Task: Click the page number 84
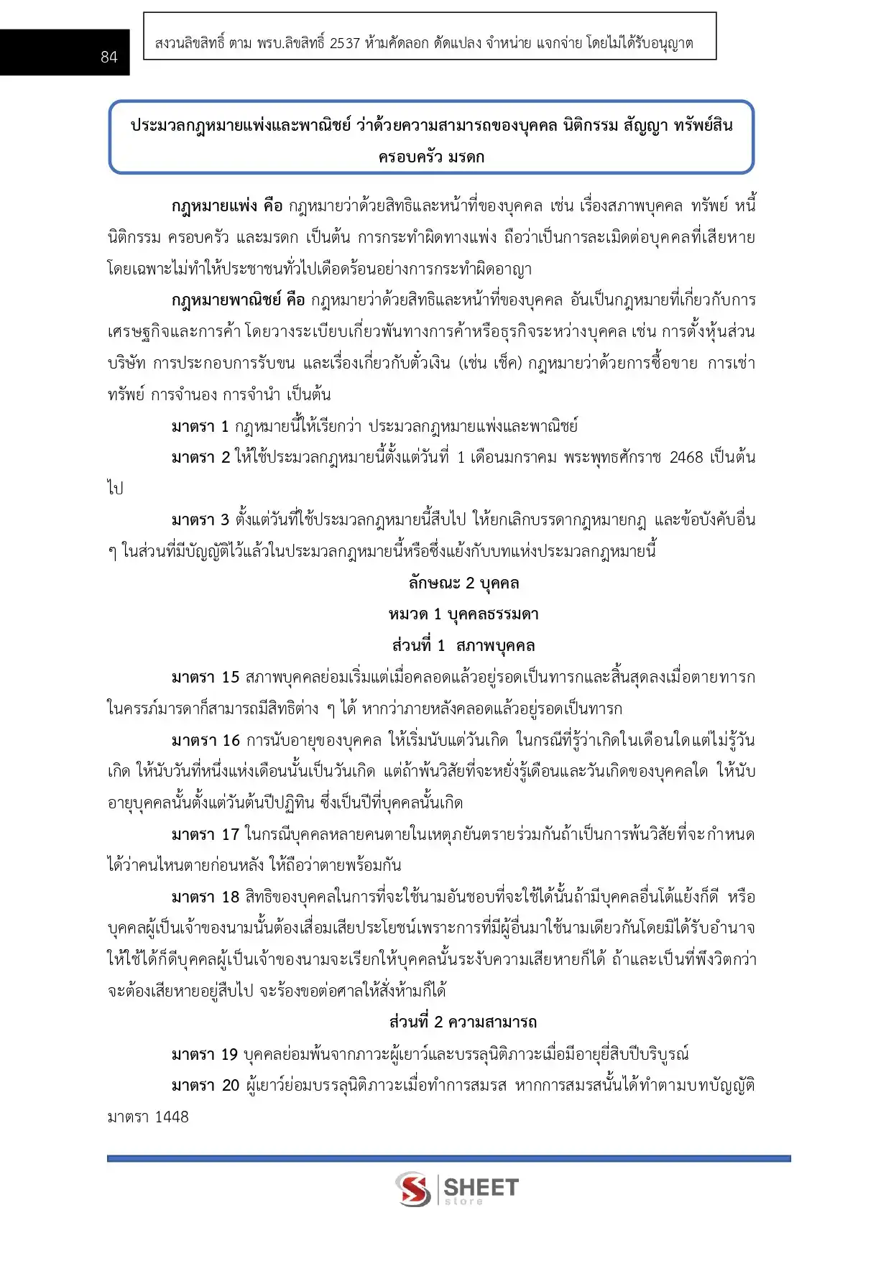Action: pyautogui.click(x=109, y=57)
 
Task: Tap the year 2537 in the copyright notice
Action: pyautogui.click(x=345, y=43)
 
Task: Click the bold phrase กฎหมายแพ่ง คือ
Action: pyautogui.click(x=227, y=206)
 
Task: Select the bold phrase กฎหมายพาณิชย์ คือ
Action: pyautogui.click(x=239, y=300)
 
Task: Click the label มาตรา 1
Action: pyautogui.click(x=200, y=426)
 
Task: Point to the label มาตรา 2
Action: pyautogui.click(x=200, y=458)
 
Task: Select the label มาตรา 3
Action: pyautogui.click(x=200, y=520)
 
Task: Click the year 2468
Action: pyautogui.click(x=685, y=458)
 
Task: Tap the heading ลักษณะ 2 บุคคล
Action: pyautogui.click(x=463, y=583)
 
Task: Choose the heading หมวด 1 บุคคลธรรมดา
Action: pyautogui.click(x=463, y=614)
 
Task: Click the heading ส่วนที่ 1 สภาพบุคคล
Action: pyautogui.click(x=463, y=646)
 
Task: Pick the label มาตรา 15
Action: pyautogui.click(x=205, y=678)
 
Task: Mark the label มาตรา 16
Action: pyautogui.click(x=206, y=740)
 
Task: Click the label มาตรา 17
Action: pyautogui.click(x=205, y=835)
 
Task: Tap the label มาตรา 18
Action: pyautogui.click(x=205, y=897)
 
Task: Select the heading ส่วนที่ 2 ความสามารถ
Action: pyautogui.click(x=463, y=1022)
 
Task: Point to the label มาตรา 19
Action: pyautogui.click(x=204, y=1055)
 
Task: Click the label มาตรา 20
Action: pyautogui.click(x=205, y=1086)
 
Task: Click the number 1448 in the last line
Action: pyautogui.click(x=172, y=1117)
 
